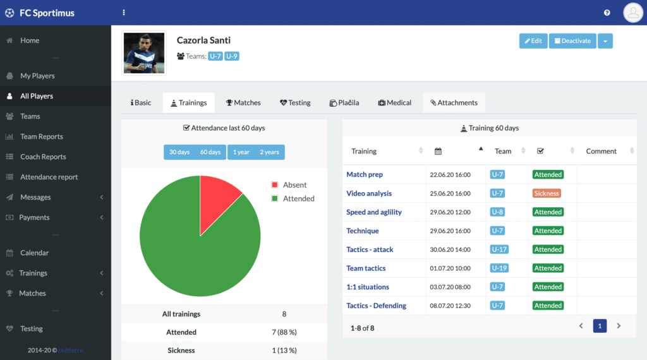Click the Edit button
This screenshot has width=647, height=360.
pos(533,41)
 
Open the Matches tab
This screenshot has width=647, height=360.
pos(243,103)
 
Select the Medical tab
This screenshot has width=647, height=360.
pos(394,103)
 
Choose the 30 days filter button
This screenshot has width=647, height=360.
pos(179,152)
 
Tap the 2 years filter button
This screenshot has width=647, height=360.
pos(269,152)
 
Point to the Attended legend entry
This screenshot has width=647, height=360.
pos(293,198)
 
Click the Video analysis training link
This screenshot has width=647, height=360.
pos(369,193)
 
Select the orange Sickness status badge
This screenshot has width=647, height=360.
pos(547,193)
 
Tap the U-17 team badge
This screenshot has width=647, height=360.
pos(499,249)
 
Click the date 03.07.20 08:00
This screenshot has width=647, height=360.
pos(450,287)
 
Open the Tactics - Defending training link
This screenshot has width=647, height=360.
pos(377,306)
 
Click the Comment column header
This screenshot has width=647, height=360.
pos(602,152)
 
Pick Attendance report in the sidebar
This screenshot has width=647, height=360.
pos(49,177)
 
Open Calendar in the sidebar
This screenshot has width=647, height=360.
pos(34,253)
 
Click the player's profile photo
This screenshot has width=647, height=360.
pos(144,53)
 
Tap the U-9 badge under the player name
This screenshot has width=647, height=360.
pos(231,56)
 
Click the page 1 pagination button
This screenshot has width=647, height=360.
pos(600,326)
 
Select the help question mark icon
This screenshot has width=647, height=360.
pos(607,13)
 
